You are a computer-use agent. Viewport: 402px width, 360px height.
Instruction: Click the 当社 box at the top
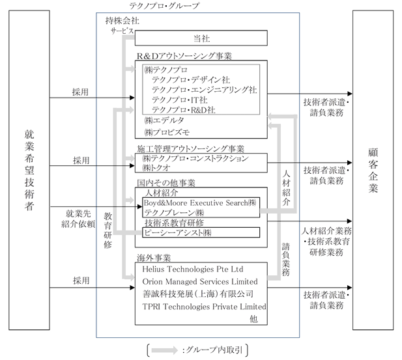coord(201,38)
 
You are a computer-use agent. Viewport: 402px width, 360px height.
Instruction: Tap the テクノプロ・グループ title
coord(164,6)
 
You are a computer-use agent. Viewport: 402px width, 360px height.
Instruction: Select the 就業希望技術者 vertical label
coord(29,170)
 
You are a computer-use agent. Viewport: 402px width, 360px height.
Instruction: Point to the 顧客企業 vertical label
coord(373,171)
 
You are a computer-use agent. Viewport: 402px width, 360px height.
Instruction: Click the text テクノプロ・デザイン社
coord(191,80)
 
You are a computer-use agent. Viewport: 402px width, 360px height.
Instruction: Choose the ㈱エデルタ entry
coord(164,120)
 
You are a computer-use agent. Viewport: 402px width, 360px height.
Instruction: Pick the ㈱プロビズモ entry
coord(167,132)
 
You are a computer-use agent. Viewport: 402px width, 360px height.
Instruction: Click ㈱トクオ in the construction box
coord(156,168)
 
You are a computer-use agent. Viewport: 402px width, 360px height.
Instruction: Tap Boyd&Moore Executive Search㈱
coord(200,202)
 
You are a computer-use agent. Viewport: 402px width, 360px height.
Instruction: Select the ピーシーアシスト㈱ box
coord(201,232)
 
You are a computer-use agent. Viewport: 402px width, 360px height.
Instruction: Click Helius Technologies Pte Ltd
coord(193,269)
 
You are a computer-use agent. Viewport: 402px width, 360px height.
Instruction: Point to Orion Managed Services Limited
coord(200,281)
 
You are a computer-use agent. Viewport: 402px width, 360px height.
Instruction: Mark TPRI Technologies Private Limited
coord(204,307)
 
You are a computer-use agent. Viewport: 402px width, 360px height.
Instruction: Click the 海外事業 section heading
coord(154,258)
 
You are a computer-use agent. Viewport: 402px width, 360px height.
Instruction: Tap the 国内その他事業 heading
coord(166,183)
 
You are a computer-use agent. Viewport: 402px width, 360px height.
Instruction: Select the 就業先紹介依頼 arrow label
coord(78,219)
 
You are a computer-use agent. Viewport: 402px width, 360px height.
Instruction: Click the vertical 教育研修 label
coord(108,230)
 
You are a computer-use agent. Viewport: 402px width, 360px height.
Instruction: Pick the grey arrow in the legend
coord(164,350)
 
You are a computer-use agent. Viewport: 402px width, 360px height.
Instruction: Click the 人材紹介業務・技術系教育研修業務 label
coord(326,242)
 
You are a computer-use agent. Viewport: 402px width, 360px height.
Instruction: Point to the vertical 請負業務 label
coord(286,259)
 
